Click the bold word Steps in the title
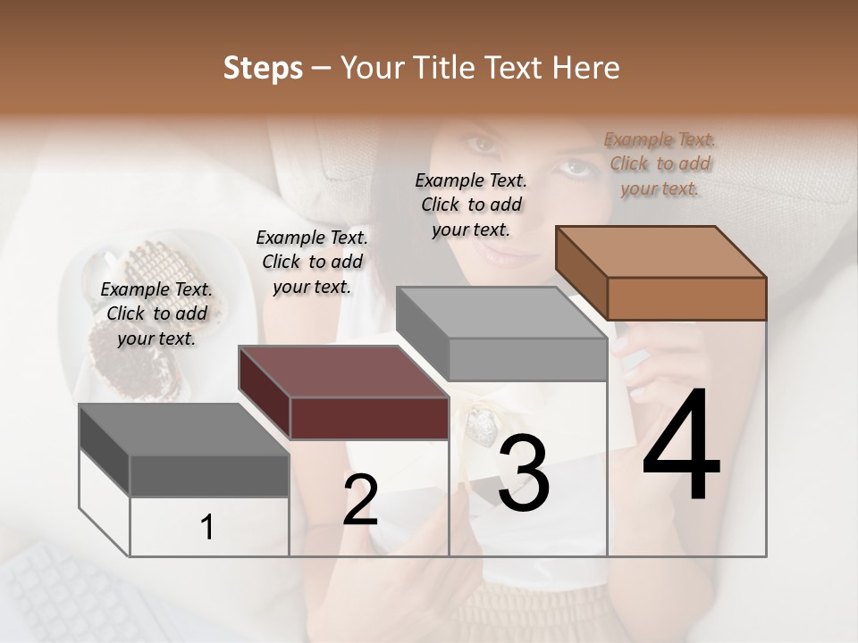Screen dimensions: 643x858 262,68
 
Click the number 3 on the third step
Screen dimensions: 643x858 523,475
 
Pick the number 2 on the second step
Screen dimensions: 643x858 360,500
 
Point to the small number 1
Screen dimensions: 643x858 207,528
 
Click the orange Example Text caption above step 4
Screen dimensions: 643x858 660,163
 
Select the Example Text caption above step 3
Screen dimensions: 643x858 471,205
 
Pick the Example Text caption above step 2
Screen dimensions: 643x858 312,262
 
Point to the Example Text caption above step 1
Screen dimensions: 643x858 156,313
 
